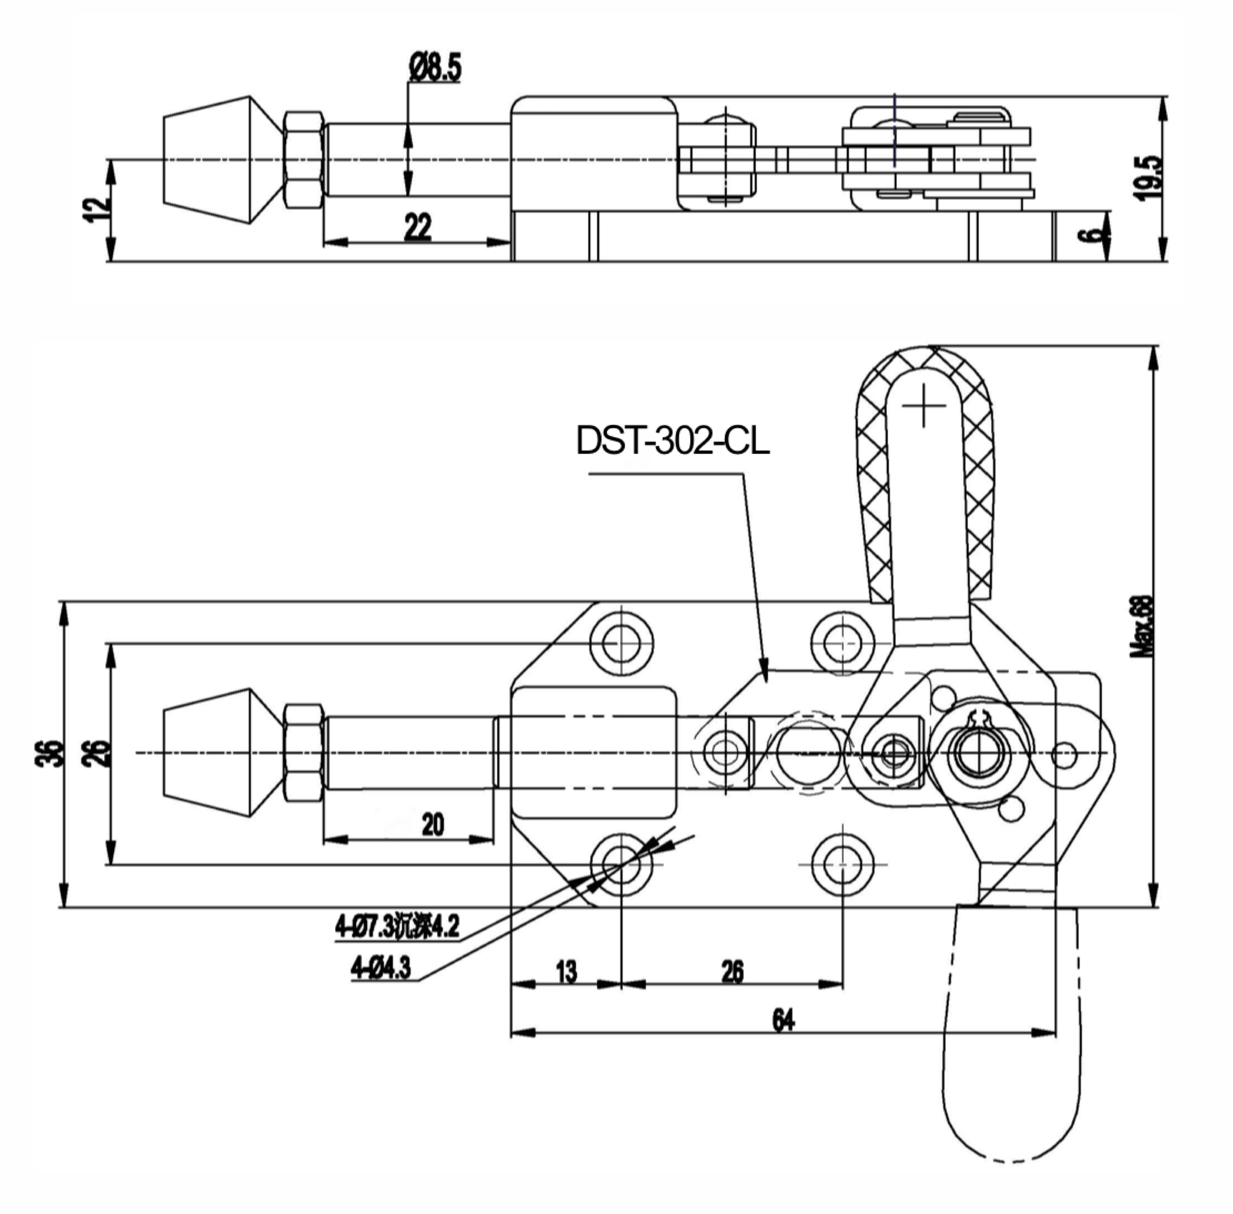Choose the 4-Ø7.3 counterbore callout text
397,926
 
